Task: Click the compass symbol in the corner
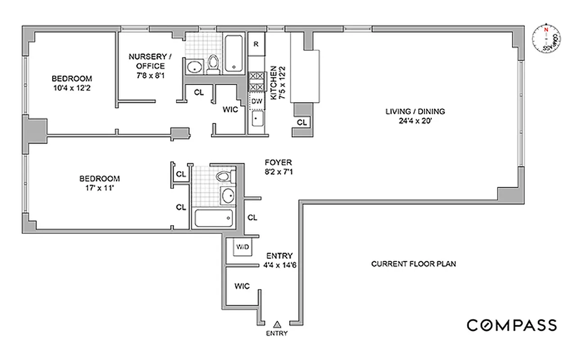(546, 37)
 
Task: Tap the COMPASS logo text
(512, 325)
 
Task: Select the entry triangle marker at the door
(277, 324)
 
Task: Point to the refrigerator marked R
(256, 44)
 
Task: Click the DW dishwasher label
(257, 101)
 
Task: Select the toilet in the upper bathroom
(213, 65)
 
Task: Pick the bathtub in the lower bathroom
(214, 218)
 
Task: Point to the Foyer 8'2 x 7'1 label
(279, 166)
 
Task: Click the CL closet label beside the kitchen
(302, 122)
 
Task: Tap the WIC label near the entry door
(242, 286)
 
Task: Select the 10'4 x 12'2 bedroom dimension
(74, 88)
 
